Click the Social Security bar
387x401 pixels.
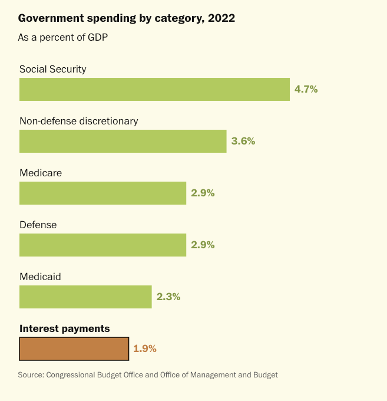tap(154, 89)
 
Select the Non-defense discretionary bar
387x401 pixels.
tap(123, 141)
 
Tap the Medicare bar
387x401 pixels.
tap(102, 193)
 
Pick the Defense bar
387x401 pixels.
tap(102, 245)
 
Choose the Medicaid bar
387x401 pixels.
tap(85, 297)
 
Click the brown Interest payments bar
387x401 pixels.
tap(74, 349)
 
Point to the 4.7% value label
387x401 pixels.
tap(306, 89)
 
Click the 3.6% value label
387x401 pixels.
tap(243, 141)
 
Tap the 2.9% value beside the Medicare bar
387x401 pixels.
tap(203, 193)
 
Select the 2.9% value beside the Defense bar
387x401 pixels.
tap(203, 245)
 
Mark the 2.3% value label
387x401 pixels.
tap(168, 297)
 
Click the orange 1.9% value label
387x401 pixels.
tap(145, 349)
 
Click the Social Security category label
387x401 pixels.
tap(53, 70)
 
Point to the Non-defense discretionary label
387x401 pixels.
tap(79, 121)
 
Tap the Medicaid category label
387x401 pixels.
tap(41, 277)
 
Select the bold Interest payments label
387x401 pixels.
tap(65, 329)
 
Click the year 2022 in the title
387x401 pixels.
tap(221, 18)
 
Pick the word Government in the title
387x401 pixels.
tap(51, 18)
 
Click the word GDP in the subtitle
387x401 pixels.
tap(98, 38)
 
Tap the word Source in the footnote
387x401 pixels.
tap(31, 375)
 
